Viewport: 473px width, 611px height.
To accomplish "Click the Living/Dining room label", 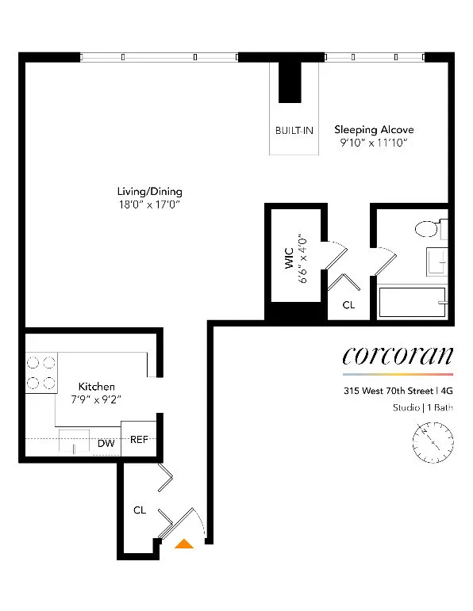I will click(x=149, y=191).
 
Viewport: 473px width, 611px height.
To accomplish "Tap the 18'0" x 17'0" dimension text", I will click(x=149, y=204).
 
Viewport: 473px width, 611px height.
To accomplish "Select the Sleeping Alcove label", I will click(x=374, y=129).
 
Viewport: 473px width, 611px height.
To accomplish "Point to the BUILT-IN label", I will click(x=294, y=130).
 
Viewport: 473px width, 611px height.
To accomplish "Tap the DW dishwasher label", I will click(x=106, y=444).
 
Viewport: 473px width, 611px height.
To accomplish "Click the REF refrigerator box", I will click(x=139, y=440).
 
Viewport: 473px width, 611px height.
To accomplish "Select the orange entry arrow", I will click(x=184, y=544).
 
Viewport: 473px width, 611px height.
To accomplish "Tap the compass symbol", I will click(x=433, y=438).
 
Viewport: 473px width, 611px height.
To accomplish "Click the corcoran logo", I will click(x=398, y=356).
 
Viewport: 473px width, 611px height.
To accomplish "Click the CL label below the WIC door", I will click(x=348, y=304).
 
